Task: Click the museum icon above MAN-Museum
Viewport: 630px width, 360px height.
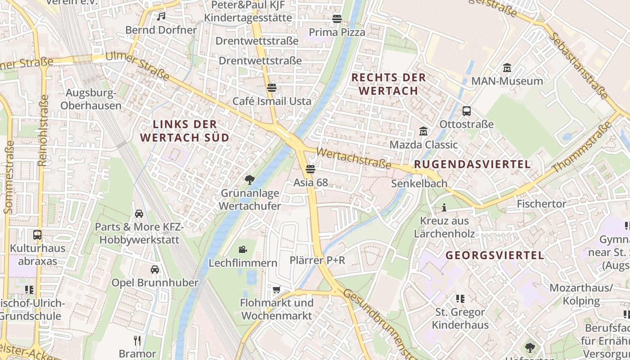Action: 507,68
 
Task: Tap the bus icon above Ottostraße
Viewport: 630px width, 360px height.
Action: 467,111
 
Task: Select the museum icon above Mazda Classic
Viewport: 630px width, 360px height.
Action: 423,131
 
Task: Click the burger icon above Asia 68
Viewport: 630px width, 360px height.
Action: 310,169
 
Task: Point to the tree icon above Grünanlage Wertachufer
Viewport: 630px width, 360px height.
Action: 249,180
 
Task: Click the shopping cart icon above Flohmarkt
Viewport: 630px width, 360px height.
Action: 277,289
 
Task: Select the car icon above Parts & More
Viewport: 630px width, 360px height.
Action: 139,213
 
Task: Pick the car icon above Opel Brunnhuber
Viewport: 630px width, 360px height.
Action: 155,269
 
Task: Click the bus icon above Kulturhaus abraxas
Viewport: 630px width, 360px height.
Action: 37,234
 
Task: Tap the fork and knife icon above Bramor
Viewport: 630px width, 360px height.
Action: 137,340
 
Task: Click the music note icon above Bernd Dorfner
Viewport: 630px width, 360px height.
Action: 161,17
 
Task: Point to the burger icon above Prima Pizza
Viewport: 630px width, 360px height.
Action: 337,19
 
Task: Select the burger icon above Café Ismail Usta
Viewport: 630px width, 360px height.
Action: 271,87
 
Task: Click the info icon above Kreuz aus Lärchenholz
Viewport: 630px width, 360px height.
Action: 444,207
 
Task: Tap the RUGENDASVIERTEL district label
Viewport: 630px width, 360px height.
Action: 472,165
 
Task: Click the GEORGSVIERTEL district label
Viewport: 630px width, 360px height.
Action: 495,256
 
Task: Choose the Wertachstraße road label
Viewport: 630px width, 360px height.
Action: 354,158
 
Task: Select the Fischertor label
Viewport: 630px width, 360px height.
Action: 541,204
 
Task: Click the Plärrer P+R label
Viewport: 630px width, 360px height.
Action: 317,261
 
